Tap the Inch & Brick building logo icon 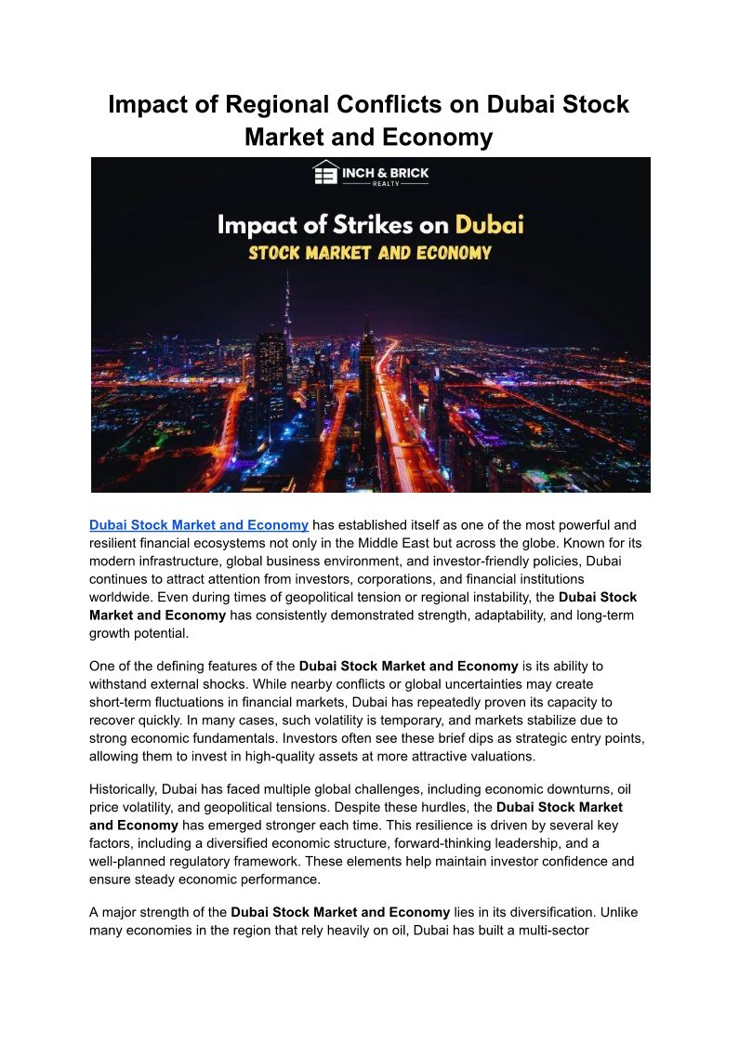(325, 174)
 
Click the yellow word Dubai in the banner (489, 225)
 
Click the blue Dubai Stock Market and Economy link (199, 525)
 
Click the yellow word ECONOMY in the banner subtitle (444, 252)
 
